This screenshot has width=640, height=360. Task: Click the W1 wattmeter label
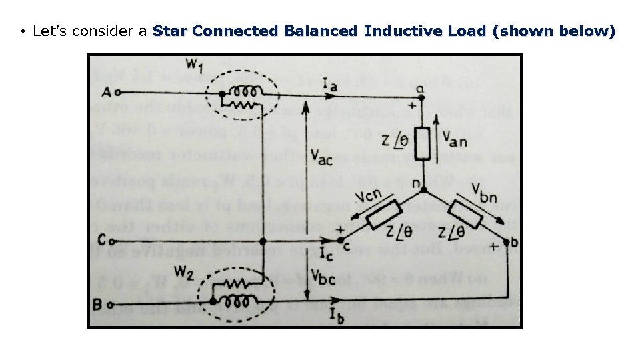195,65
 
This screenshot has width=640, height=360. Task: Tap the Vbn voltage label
486,191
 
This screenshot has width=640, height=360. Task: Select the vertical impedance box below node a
421,141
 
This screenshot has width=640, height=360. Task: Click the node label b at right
514,242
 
